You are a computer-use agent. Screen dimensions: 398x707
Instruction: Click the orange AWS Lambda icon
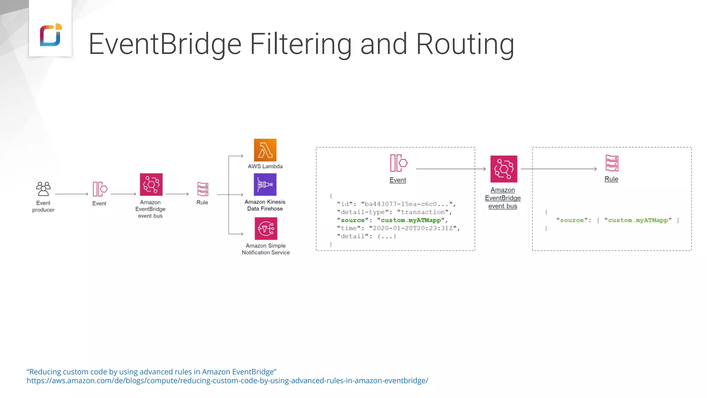coord(265,150)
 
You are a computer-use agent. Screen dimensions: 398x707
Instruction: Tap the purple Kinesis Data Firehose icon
coord(265,184)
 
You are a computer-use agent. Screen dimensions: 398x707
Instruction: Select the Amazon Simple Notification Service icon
coord(266,228)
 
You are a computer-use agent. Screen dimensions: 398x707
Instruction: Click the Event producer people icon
coord(43,189)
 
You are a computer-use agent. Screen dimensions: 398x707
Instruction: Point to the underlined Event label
coord(398,180)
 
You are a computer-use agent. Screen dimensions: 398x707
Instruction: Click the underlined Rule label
coord(611,179)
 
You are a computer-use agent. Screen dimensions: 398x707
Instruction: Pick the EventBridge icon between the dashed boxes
coord(504,169)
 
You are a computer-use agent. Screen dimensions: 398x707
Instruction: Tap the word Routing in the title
coord(465,44)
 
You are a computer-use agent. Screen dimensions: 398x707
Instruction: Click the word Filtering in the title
coord(301,44)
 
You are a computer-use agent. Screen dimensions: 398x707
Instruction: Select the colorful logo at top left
coord(51,35)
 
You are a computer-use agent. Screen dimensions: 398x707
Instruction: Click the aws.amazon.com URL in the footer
coord(227,381)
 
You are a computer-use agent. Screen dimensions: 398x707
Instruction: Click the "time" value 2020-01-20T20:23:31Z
coord(413,228)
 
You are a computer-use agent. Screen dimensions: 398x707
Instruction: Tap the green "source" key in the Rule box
coord(572,220)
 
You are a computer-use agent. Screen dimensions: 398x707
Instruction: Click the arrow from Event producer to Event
coord(71,194)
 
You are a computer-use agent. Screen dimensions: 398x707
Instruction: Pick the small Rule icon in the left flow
coord(203,189)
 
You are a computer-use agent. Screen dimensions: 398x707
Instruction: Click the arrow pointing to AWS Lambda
coord(236,156)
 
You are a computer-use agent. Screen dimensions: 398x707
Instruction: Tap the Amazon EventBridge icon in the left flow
coord(151,184)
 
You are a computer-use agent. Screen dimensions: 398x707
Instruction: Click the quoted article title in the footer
coord(152,372)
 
